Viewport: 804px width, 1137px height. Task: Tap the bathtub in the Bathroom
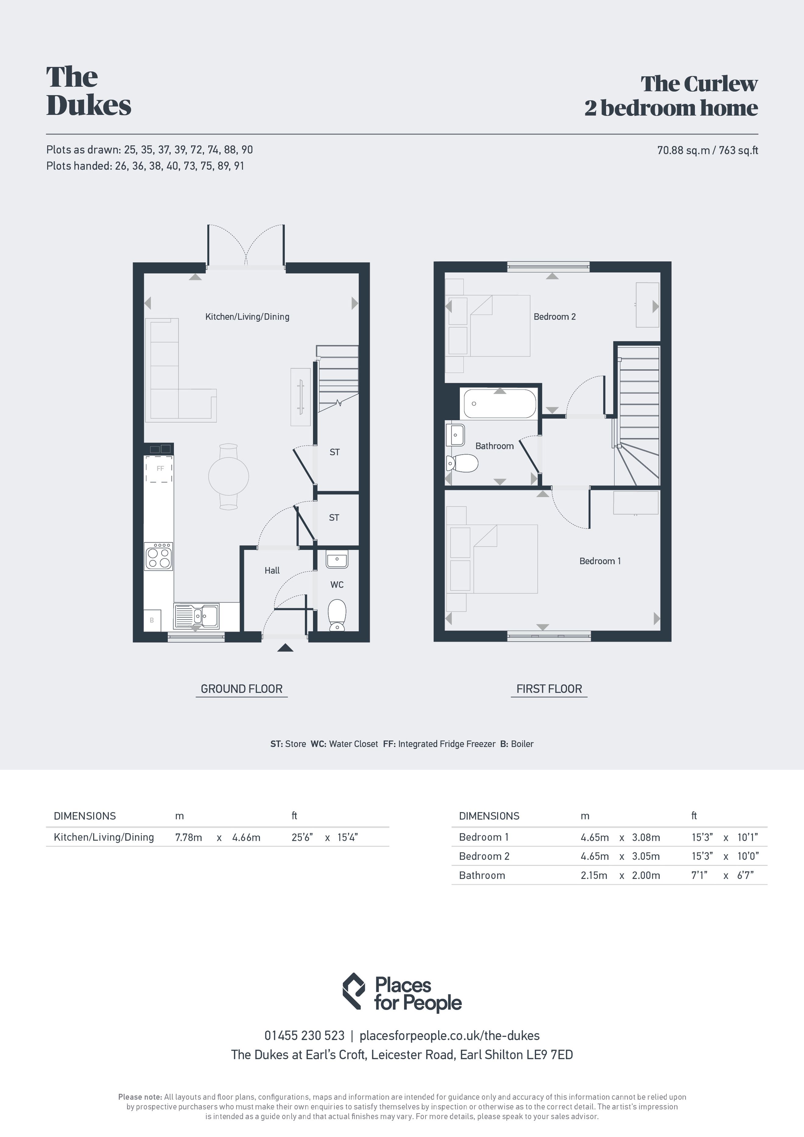(499, 403)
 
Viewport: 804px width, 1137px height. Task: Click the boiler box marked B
(152, 620)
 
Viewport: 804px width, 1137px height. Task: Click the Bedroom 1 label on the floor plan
(600, 561)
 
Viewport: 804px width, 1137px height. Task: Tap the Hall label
(272, 571)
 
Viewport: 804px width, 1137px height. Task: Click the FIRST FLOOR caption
(549, 689)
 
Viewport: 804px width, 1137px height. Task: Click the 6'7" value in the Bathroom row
(745, 875)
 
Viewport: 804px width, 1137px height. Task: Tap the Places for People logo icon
(354, 991)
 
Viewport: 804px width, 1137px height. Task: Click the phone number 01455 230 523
(304, 1036)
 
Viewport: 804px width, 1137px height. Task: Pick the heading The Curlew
(699, 84)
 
